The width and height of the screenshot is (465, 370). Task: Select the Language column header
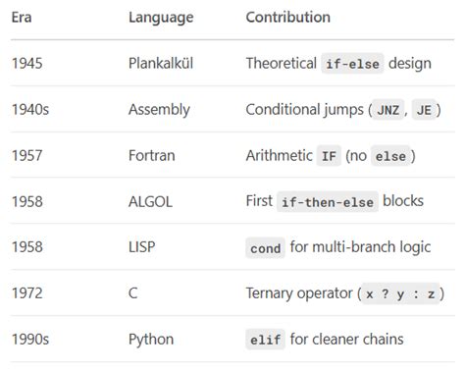161,18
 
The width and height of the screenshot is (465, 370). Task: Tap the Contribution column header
287,18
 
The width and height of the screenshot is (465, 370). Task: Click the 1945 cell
27,64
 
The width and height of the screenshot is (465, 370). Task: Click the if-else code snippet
352,64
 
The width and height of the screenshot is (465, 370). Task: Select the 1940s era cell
30,110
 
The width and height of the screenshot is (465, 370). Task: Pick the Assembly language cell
159,110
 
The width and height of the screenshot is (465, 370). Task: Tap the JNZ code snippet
387,110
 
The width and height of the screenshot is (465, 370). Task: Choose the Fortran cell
151,156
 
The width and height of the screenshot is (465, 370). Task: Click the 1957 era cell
27,156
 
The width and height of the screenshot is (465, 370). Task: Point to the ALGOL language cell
150,202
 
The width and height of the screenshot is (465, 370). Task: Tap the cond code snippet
266,248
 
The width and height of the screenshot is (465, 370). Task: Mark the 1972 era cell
27,294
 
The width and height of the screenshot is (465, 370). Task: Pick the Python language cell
151,341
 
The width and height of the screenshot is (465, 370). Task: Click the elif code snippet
266,341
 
